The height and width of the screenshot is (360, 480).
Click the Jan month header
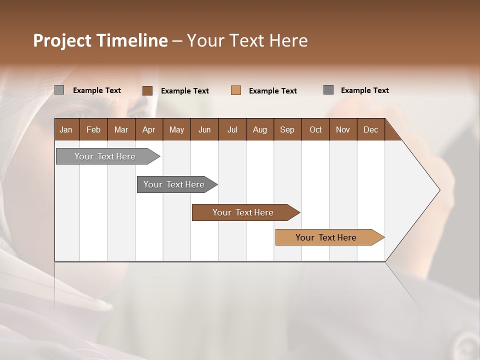[66, 130]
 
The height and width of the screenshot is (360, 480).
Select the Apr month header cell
[148, 130]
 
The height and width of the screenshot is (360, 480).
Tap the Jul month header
[232, 130]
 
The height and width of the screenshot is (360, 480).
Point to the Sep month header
[287, 130]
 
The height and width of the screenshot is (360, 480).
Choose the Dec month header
[370, 130]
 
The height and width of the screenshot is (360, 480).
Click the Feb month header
[93, 130]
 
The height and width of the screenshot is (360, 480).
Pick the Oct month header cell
[315, 130]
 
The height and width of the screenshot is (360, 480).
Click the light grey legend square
[59, 90]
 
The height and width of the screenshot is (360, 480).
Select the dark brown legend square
[147, 90]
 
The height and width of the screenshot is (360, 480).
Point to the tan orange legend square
[236, 90]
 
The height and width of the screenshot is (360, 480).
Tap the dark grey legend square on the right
[328, 90]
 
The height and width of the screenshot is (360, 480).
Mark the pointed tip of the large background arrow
[439, 190]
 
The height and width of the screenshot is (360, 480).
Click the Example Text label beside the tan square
[272, 91]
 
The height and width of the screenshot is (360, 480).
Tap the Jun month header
[204, 130]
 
